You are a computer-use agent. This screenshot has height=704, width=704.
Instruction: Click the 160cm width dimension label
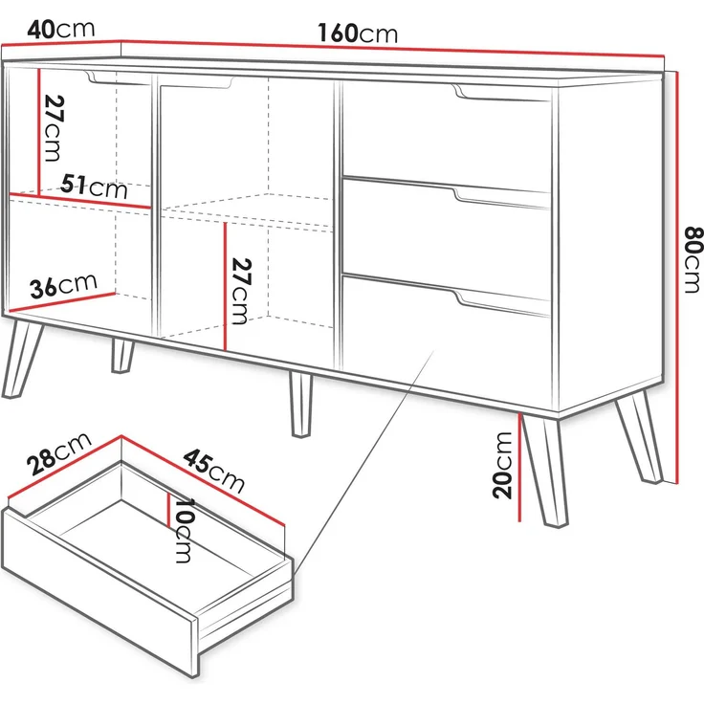point(358,33)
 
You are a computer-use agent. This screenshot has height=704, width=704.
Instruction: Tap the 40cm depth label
point(61,30)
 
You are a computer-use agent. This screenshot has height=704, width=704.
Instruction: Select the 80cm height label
point(693,259)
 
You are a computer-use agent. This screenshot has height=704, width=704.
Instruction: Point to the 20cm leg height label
point(502,465)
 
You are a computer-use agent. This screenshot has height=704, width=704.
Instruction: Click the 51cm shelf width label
point(94,186)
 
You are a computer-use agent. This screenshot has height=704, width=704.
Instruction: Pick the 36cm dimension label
point(63,286)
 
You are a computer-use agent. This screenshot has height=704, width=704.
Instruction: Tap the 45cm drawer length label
point(213,471)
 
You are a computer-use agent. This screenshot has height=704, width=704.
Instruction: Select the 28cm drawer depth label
point(58,453)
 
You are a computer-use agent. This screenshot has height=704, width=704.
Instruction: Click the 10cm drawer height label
point(184,530)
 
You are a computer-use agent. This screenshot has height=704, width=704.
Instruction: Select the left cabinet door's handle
point(118,77)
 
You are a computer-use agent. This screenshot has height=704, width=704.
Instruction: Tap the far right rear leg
point(639,436)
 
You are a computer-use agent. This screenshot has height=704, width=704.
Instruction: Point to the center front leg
point(300,404)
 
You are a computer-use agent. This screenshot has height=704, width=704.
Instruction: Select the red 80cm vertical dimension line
point(677,277)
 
